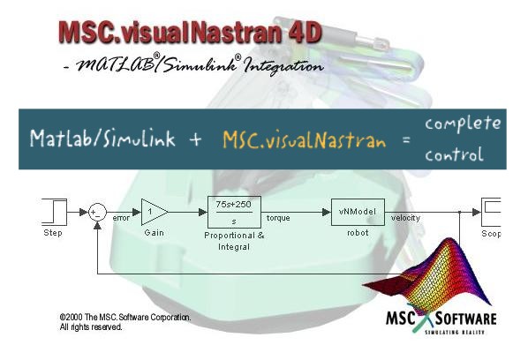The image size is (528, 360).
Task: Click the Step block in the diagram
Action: coord(54,212)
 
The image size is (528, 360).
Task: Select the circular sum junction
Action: coord(97,213)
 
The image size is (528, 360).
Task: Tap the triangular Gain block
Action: coord(155,212)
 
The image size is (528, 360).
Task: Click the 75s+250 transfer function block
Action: coord(234,212)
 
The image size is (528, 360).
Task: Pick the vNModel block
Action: coord(358,212)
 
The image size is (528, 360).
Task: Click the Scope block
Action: coord(491,212)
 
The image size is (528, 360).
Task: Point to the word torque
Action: coord(278,218)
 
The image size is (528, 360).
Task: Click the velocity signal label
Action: coord(405,218)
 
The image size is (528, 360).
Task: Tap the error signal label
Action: coord(121,218)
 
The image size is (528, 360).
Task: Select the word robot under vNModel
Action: coord(358,232)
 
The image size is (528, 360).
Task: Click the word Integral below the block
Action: coord(234,247)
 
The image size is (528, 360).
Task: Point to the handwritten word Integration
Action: coord(283,65)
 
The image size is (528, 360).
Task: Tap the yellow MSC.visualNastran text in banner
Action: coord(304,139)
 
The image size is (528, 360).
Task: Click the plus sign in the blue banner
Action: coord(195,139)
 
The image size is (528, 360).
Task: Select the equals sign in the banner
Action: coord(406,139)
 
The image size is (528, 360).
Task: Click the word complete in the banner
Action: coord(463,124)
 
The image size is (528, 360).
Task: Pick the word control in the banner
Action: coord(454,154)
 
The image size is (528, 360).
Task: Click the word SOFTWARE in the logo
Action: coord(465,319)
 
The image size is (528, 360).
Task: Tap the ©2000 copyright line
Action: coord(125,318)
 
